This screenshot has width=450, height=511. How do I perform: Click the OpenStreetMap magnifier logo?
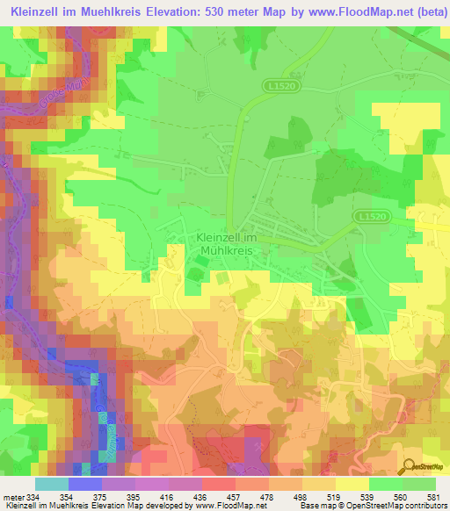click(409, 466)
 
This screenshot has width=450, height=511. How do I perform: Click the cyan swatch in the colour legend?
click(51, 485)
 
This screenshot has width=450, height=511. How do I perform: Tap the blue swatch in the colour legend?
click(85, 485)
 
